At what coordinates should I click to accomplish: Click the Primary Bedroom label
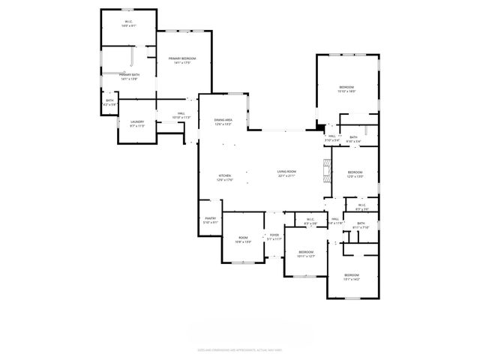coord(182,61)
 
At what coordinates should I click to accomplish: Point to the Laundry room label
coord(136,124)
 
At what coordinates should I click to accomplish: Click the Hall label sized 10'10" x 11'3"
coord(181,115)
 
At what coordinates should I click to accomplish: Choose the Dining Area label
coord(223,122)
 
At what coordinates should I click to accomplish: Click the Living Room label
coord(286,174)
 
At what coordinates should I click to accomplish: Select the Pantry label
coord(210,220)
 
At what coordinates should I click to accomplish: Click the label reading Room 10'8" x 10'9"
coord(243,240)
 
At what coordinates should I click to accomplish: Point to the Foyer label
coord(274,237)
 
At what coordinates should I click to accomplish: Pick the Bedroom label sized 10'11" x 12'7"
coord(305,253)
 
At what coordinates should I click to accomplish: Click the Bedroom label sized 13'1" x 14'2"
coord(352,277)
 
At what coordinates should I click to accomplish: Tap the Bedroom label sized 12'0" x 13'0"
coord(355,175)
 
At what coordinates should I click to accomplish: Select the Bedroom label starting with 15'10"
coord(346,89)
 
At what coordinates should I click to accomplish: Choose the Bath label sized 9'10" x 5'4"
coord(352,139)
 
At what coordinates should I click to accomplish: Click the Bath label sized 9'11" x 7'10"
coord(361,226)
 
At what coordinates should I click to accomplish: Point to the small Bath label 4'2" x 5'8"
coord(109,103)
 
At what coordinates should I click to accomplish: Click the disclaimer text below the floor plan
coord(239,349)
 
